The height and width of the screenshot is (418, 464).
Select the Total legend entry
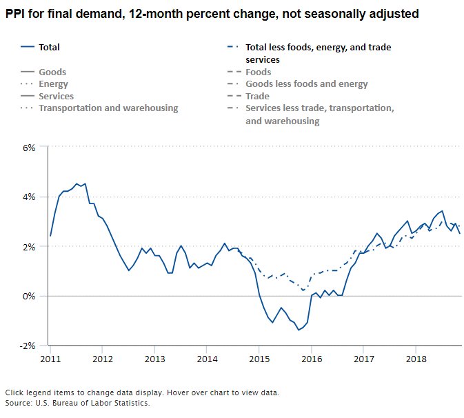pos(49,48)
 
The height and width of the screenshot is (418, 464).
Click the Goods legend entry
pos(52,72)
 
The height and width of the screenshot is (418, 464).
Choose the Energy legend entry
pos(53,84)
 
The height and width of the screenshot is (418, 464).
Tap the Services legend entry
pos(56,97)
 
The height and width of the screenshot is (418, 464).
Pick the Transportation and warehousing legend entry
pos(108,108)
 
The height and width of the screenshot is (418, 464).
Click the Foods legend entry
pos(259,72)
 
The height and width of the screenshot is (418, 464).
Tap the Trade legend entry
pos(257,97)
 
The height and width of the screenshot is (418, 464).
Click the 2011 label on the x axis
pos(50,359)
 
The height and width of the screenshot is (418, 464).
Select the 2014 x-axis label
pos(207,359)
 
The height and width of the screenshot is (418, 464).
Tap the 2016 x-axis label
pos(312,359)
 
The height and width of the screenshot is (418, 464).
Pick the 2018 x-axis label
pos(416,359)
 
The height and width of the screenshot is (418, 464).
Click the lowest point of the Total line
pos(299,330)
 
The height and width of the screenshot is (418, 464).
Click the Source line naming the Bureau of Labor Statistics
pos(77,403)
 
